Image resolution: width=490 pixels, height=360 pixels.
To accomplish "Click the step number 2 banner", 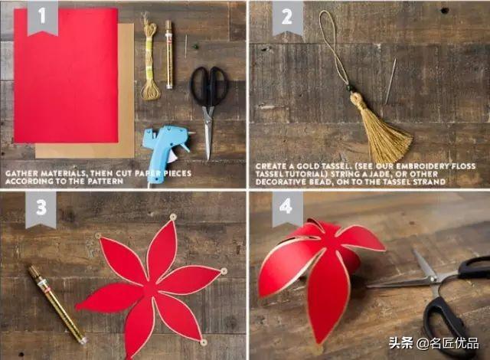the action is pyautogui.click(x=288, y=18).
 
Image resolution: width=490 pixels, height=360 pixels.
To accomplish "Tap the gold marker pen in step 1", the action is pyautogui.click(x=169, y=54).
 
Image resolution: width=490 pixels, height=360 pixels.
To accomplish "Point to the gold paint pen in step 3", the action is pyautogui.click(x=57, y=304).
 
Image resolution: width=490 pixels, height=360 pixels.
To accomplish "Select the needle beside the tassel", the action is pyautogui.click(x=390, y=80).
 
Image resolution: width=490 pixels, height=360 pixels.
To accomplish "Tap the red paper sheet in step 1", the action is pyautogui.click(x=67, y=76).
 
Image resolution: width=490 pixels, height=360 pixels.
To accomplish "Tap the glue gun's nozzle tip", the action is pyautogui.click(x=193, y=133).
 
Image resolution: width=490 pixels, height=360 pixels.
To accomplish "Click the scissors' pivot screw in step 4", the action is pyautogui.click(x=432, y=278).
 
